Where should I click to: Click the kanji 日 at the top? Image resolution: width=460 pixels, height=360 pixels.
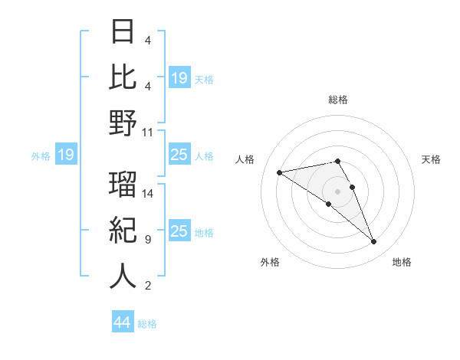click(x=123, y=33)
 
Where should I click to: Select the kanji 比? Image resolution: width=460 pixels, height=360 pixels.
click(x=123, y=77)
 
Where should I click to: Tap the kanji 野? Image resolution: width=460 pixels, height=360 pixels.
click(x=123, y=123)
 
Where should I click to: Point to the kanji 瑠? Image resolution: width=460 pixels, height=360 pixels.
click(x=123, y=185)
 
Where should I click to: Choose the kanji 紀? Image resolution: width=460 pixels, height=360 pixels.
click(x=123, y=231)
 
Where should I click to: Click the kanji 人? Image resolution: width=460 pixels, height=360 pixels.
click(x=123, y=277)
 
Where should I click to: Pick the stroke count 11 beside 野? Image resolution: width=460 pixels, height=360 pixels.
click(x=148, y=132)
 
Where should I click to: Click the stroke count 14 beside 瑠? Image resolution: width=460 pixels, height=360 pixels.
click(x=148, y=193)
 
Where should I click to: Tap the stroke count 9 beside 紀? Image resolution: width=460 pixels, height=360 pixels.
click(x=147, y=240)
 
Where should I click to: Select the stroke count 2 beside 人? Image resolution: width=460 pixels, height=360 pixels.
click(x=147, y=286)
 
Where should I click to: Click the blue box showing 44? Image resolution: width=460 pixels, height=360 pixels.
click(x=122, y=322)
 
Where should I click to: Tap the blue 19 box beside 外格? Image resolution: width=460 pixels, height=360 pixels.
click(x=66, y=155)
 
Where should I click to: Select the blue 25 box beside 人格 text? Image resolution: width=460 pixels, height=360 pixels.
click(x=179, y=155)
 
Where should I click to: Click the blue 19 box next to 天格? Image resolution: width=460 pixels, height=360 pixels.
click(x=179, y=78)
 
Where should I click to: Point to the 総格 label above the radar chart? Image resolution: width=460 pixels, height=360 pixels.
click(x=337, y=100)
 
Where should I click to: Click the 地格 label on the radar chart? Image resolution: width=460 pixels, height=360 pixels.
click(x=402, y=262)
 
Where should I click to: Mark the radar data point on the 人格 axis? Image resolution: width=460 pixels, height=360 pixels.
click(x=280, y=172)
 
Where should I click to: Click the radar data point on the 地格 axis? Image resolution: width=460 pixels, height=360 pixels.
click(x=374, y=242)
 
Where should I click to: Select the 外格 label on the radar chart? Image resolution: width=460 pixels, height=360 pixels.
click(x=269, y=262)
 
